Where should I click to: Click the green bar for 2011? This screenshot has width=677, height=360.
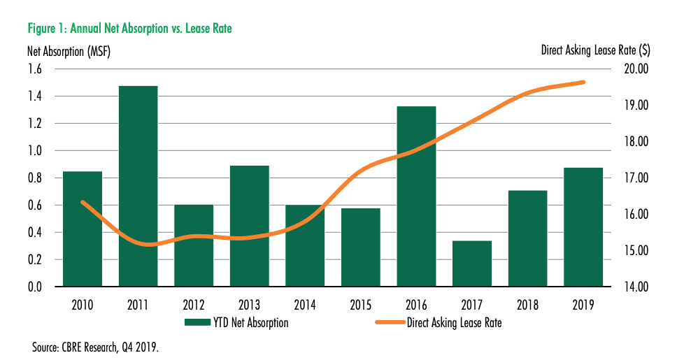click(138, 186)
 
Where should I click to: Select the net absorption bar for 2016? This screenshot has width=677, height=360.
click(416, 196)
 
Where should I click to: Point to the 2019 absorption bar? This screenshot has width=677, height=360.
click(583, 227)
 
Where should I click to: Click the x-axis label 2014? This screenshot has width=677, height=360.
click(305, 305)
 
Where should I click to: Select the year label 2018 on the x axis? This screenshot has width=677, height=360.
click(527, 305)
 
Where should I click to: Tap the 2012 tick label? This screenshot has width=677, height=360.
click(194, 305)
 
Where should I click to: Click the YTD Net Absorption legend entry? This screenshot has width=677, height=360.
click(236, 322)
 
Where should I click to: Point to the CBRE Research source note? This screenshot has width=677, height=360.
click(96, 346)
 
